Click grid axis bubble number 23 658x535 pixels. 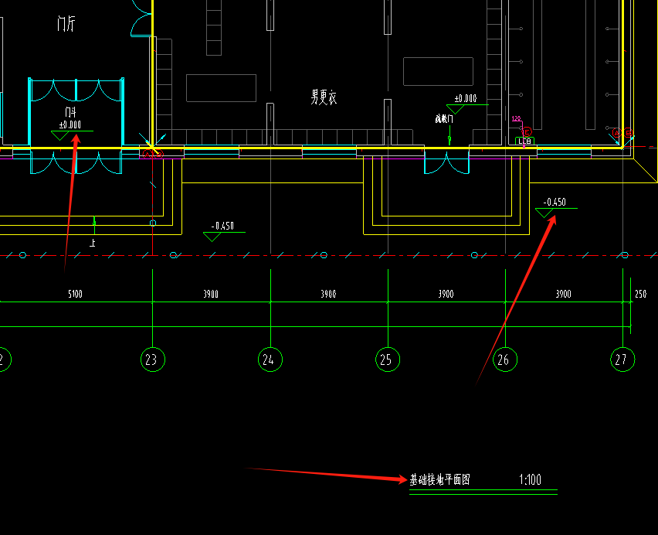pyautogui.click(x=153, y=360)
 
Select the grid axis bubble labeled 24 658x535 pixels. pyautogui.click(x=270, y=360)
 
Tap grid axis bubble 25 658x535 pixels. pyautogui.click(x=388, y=360)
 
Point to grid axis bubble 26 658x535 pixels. pyautogui.click(x=505, y=360)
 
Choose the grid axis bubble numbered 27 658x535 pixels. pyautogui.click(x=622, y=360)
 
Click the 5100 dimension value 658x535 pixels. pyautogui.click(x=76, y=295)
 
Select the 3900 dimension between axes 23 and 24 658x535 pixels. pyautogui.click(x=210, y=295)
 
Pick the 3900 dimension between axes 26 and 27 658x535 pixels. pyautogui.click(x=563, y=295)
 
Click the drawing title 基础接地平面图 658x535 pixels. pyautogui.click(x=439, y=480)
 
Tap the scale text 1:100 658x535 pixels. pyautogui.click(x=531, y=480)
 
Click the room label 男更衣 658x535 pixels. pyautogui.click(x=324, y=97)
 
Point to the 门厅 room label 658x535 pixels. pyautogui.click(x=66, y=24)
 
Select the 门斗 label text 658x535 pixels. pyautogui.click(x=70, y=113)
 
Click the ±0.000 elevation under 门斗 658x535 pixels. pyautogui.click(x=70, y=124)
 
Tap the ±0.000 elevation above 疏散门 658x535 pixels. pyautogui.click(x=465, y=99)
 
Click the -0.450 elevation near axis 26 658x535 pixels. pyautogui.click(x=555, y=203)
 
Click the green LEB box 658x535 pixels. pyautogui.click(x=525, y=141)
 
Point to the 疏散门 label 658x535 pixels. pyautogui.click(x=444, y=119)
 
